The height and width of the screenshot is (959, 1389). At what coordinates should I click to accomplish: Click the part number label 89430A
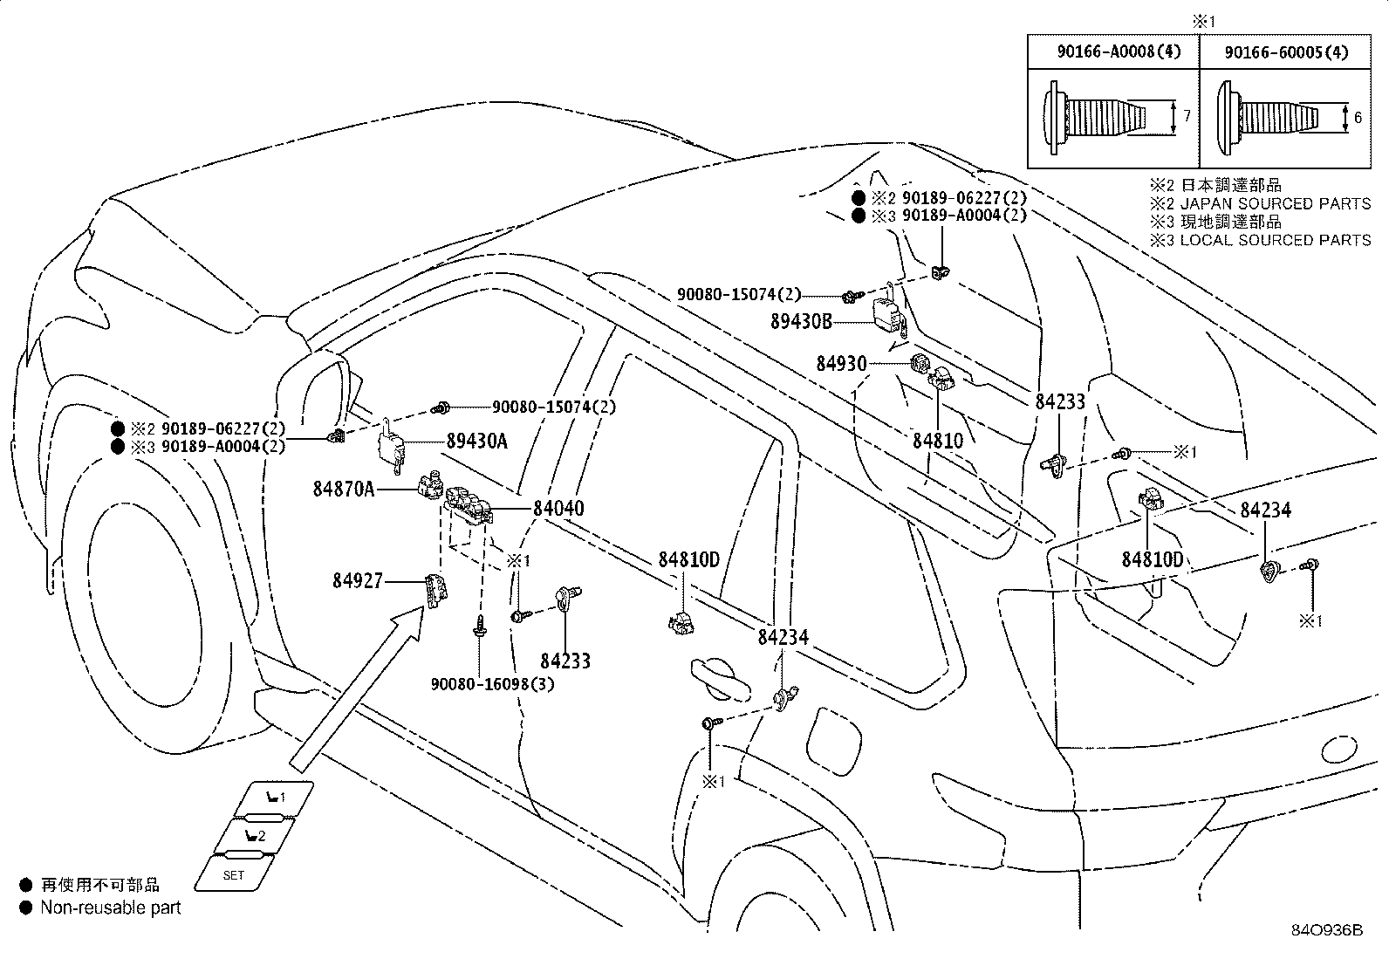tap(476, 441)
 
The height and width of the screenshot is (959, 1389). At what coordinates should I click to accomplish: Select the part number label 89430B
tap(801, 321)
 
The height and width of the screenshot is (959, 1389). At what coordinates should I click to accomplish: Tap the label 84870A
tap(344, 489)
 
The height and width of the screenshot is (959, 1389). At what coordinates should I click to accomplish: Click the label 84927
tap(357, 579)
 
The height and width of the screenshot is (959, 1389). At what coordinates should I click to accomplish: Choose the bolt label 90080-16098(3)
tap(492, 683)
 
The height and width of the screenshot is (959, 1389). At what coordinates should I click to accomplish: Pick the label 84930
tap(841, 362)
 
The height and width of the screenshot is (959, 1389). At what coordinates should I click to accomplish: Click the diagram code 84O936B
tap(1326, 930)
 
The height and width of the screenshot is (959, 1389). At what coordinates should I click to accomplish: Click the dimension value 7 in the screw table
tap(1186, 115)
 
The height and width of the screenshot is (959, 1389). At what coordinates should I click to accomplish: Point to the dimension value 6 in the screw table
tap(1358, 116)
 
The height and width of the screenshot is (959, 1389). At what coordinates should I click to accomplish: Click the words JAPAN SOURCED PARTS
tap(1276, 203)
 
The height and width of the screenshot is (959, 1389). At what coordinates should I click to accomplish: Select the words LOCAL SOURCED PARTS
tap(1276, 240)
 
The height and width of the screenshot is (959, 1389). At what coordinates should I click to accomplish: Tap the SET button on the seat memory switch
tap(234, 874)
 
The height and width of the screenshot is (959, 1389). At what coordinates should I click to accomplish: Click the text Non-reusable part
tap(111, 908)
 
